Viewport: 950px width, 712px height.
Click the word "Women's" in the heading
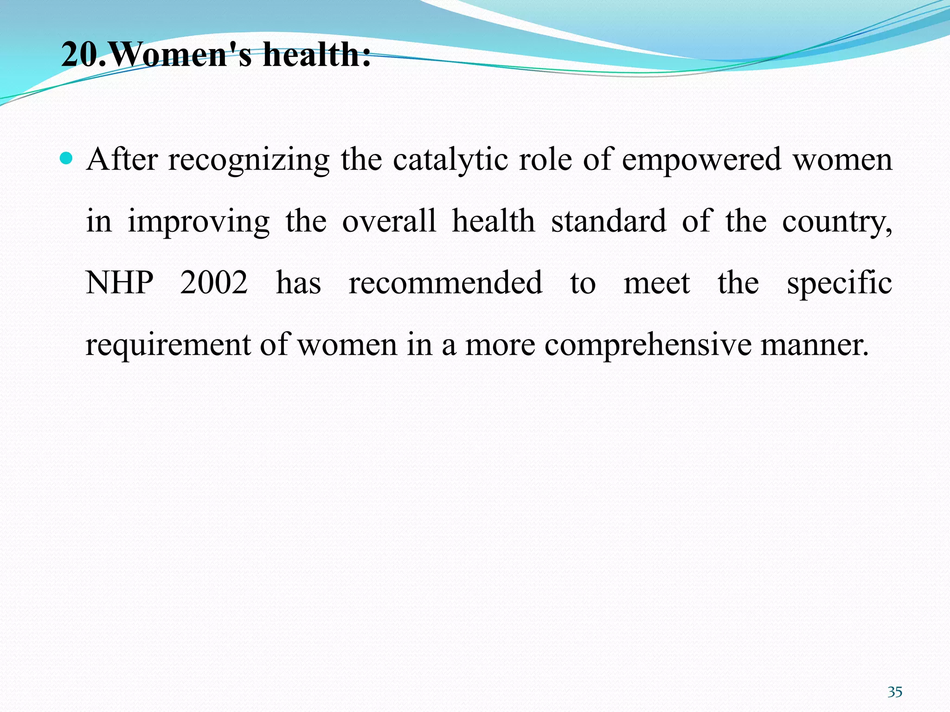point(181,55)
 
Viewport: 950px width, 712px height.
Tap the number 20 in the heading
point(79,55)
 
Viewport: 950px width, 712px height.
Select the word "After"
point(122,159)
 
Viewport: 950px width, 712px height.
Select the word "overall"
point(389,221)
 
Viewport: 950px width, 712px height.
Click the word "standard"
point(609,221)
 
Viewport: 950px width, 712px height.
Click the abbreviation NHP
point(120,282)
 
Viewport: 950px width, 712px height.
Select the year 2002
point(214,282)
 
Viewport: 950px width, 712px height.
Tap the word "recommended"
point(445,282)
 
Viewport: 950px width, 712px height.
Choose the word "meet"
point(657,283)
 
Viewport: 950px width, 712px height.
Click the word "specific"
point(839,283)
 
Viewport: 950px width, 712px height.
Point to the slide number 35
point(895,692)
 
